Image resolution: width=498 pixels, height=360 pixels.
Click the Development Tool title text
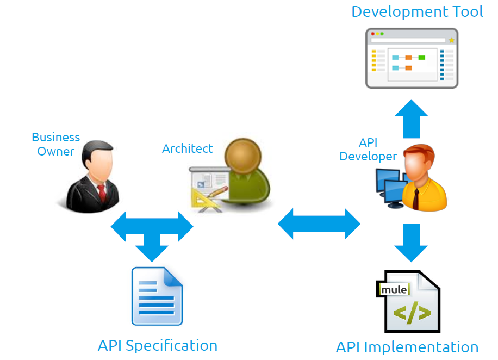[x=417, y=12]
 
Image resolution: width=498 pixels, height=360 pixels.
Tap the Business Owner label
[x=56, y=144]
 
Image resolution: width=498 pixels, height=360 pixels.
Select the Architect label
[x=188, y=148]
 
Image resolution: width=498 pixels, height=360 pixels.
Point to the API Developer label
[x=368, y=150]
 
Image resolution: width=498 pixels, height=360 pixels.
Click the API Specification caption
[x=158, y=345]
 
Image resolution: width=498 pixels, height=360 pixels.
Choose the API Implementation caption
[x=407, y=347]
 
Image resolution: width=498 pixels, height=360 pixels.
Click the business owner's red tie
[x=102, y=193]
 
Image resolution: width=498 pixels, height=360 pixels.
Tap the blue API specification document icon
[x=157, y=296]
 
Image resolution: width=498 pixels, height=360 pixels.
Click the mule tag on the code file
[x=394, y=289]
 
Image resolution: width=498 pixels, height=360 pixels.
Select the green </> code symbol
[x=412, y=314]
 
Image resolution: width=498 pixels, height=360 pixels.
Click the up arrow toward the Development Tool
[x=412, y=119]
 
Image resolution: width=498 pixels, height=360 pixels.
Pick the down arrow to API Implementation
[x=412, y=243]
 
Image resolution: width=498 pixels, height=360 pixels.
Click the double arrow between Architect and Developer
[x=319, y=224]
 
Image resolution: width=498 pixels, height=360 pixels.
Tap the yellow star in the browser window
[x=451, y=40]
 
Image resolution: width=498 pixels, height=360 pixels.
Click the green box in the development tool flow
[x=421, y=58]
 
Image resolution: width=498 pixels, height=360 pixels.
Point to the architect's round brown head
[x=243, y=156]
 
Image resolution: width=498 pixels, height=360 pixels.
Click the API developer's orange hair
[x=420, y=152]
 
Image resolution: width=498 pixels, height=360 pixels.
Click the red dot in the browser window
[x=373, y=34]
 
